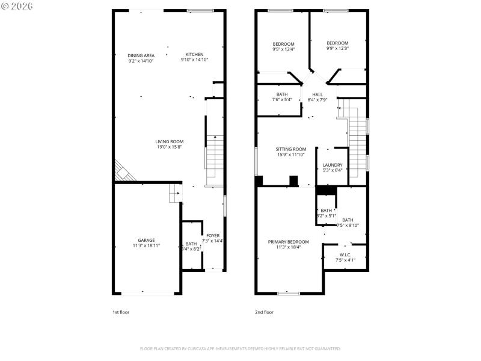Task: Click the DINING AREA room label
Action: tap(141, 55)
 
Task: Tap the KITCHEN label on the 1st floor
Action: tap(194, 54)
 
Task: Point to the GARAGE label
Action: tap(146, 240)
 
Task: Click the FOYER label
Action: tap(213, 235)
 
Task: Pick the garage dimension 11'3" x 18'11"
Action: tap(146, 245)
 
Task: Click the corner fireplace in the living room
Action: tap(123, 172)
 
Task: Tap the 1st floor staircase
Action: tap(215, 153)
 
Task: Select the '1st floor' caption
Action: tap(121, 312)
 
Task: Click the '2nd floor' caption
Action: tap(264, 312)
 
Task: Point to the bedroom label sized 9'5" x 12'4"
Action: tap(283, 44)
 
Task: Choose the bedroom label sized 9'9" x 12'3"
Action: tap(337, 43)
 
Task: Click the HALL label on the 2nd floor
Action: tap(317, 94)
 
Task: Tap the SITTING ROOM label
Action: tap(291, 149)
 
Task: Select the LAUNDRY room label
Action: tap(332, 165)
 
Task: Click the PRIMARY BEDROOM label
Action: tap(289, 241)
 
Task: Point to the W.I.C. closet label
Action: tap(346, 255)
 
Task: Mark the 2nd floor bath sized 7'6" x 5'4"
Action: tap(282, 94)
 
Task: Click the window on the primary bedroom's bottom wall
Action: tap(288, 293)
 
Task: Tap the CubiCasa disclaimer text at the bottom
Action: tap(240, 348)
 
